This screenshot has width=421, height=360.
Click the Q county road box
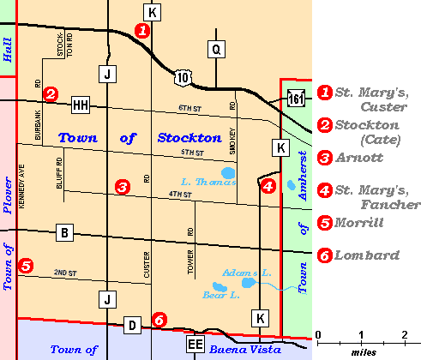[x=216, y=50]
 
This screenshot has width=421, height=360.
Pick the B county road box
[x=64, y=231]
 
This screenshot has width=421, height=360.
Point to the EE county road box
[x=195, y=345]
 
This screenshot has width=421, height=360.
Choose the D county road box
[x=131, y=325]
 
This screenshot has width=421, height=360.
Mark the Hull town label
[x=8, y=54]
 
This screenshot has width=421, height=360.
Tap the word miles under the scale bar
[x=361, y=351]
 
